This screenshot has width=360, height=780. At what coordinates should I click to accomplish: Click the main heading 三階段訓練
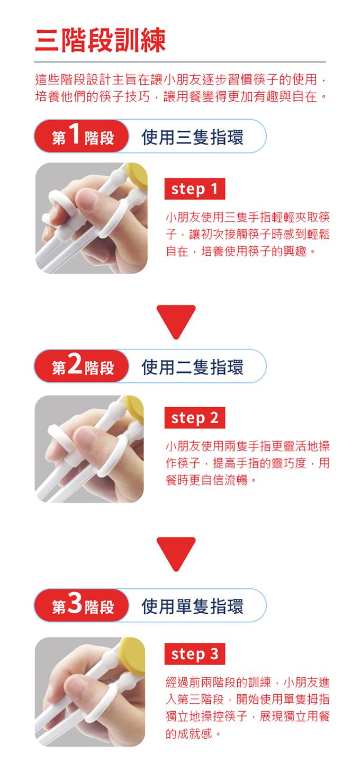101,40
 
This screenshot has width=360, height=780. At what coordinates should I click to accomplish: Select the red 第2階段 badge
82,366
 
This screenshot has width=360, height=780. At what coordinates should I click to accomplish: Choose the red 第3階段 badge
82,605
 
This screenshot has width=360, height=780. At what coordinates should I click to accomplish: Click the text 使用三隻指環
193,137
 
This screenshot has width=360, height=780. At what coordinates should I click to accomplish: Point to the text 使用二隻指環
193,366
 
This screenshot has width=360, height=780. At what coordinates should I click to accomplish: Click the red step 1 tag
195,189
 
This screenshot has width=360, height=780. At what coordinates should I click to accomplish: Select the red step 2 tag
195,418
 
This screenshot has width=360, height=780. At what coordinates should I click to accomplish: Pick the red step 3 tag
195,654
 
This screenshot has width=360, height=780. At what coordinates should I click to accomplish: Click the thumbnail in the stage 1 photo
88,199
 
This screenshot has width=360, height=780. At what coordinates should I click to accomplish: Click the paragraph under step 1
247,234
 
